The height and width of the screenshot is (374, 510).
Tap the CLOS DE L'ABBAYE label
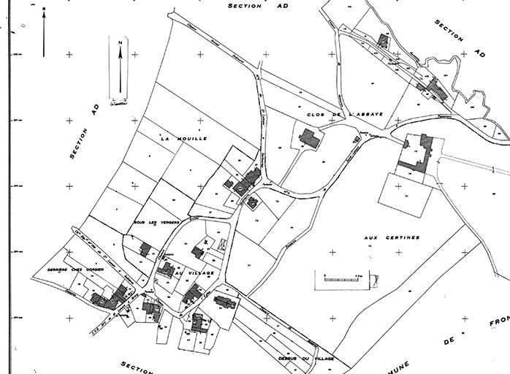click(337, 116)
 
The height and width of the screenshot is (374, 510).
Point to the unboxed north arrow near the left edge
click(44, 33)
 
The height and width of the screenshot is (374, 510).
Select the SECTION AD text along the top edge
click(255, 5)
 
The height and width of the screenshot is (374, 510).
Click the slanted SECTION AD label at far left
click(85, 130)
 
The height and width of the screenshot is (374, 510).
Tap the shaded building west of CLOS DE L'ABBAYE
click(308, 138)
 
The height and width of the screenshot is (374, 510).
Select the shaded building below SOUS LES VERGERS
click(146, 249)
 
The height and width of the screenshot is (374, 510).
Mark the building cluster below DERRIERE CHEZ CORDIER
click(107, 297)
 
